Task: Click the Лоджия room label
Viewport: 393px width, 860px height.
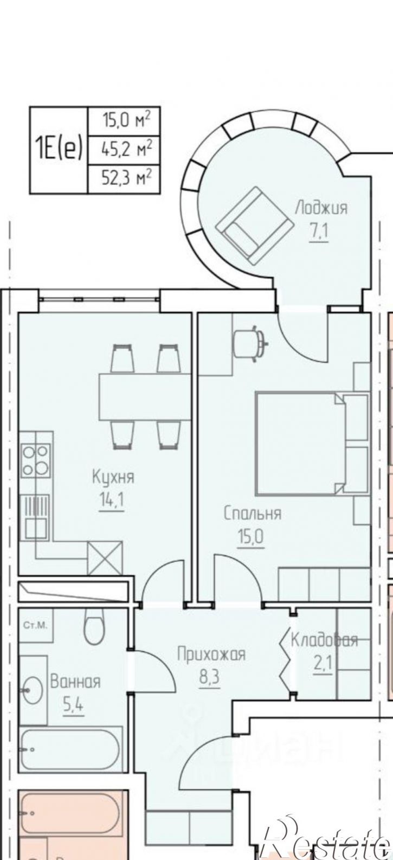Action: (x=321, y=207)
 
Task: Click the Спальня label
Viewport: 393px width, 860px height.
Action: (x=253, y=514)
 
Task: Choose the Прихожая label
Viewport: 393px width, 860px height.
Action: (x=211, y=654)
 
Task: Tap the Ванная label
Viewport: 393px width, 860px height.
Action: (x=75, y=682)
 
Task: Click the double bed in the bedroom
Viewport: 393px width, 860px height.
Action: (x=298, y=444)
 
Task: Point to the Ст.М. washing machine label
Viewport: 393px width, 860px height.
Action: (x=35, y=625)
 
